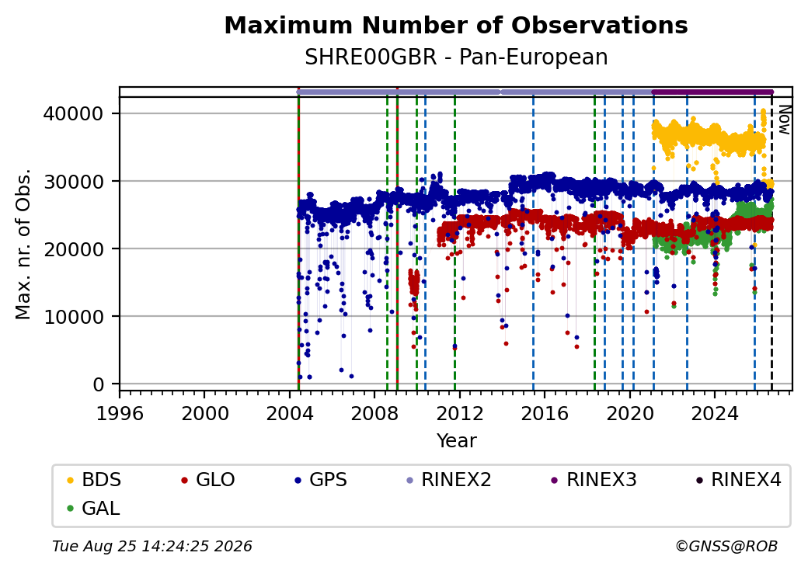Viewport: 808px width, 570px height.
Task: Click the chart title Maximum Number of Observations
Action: (456, 25)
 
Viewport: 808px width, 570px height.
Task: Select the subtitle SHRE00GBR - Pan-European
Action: (456, 57)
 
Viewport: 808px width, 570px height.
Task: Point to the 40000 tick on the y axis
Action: (73, 113)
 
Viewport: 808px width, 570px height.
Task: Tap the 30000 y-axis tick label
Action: (73, 181)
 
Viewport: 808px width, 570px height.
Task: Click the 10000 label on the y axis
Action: (73, 317)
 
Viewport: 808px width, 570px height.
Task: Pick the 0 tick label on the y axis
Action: (98, 384)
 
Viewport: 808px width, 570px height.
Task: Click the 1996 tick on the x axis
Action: (120, 413)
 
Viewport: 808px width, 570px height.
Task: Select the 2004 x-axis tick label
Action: (290, 413)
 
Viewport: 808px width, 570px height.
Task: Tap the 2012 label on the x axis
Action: (460, 413)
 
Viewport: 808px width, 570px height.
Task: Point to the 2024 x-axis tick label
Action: (715, 413)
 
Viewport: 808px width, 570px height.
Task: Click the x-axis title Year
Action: (457, 441)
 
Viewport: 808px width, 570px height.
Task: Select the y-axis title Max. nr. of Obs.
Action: (23, 244)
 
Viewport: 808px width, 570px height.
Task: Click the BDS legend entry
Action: (94, 480)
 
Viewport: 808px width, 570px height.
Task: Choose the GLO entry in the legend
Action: (207, 480)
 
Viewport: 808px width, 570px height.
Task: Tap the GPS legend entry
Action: (321, 480)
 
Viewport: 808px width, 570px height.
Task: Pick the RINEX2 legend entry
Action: (448, 480)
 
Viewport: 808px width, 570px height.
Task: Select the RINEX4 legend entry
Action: (738, 480)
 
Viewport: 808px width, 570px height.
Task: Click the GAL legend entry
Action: (94, 508)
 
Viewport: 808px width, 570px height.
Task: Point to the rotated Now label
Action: (784, 120)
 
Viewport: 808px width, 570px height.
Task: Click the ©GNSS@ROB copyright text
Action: (726, 546)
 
